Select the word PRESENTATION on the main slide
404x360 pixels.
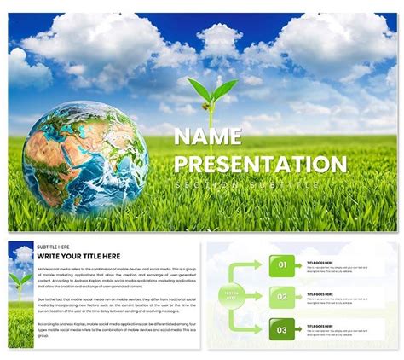click(x=260, y=164)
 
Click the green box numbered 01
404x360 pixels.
click(x=283, y=265)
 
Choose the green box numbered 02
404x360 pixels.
click(x=283, y=297)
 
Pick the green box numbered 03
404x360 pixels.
click(x=283, y=329)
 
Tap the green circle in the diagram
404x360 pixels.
click(x=231, y=297)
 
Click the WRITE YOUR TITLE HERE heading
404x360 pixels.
click(x=79, y=255)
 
